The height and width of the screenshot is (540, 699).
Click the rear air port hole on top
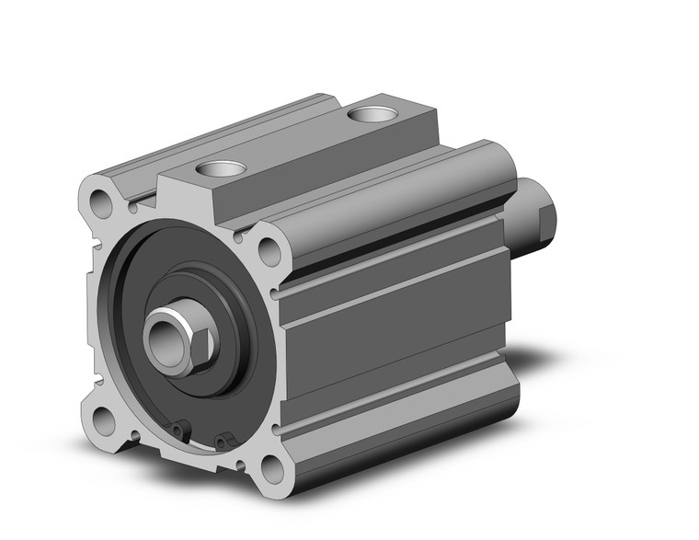point(373,115)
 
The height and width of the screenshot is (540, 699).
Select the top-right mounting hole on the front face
point(270,248)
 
